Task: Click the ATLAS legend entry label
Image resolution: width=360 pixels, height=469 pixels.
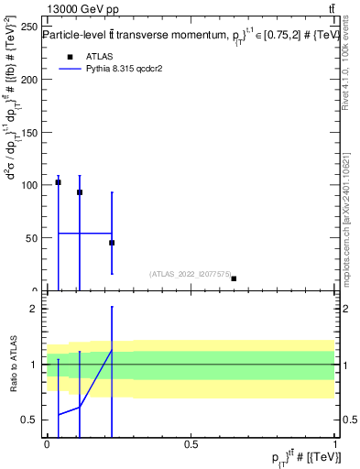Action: [99, 56]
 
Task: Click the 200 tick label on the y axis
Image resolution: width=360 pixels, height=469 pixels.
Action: [27, 79]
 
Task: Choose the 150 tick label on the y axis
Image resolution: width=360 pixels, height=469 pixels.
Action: [27, 132]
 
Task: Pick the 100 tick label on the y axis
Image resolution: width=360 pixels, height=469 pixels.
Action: [27, 185]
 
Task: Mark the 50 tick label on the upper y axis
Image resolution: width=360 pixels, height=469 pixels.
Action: [30, 238]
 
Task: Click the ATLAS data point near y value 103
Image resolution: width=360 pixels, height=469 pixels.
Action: [58, 182]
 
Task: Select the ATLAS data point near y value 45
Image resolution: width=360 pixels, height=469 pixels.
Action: [112, 243]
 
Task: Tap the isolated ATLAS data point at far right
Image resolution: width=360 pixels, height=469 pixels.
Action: [234, 278]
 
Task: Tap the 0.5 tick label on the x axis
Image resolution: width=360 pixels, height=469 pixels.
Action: [191, 442]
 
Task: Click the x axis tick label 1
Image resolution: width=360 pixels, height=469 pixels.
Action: [336, 442]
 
